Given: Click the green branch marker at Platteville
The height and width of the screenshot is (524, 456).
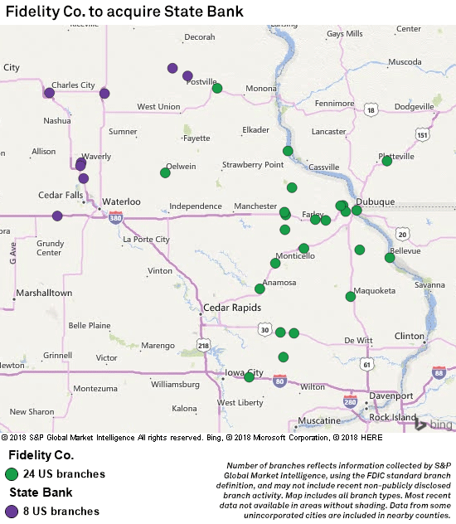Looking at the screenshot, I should (387, 161).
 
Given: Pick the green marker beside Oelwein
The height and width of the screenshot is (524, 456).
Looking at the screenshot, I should (165, 172).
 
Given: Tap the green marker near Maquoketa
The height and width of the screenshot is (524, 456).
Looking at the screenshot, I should (351, 296).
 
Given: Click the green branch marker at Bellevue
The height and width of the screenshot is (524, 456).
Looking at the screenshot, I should (390, 258).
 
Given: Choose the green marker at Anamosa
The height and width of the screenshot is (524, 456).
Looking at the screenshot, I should (260, 289).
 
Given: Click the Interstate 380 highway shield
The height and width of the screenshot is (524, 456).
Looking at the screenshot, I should (115, 217).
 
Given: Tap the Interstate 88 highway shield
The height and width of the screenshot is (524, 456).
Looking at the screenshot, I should (439, 373).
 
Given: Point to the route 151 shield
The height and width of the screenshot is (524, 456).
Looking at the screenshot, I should (423, 135).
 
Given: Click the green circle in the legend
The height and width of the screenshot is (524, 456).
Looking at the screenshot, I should (12, 474).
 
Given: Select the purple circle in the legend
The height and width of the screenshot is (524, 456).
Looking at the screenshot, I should (12, 511).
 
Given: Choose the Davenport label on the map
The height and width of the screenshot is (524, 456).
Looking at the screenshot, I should (391, 395).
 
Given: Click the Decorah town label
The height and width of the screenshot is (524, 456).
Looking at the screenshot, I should (199, 37).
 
